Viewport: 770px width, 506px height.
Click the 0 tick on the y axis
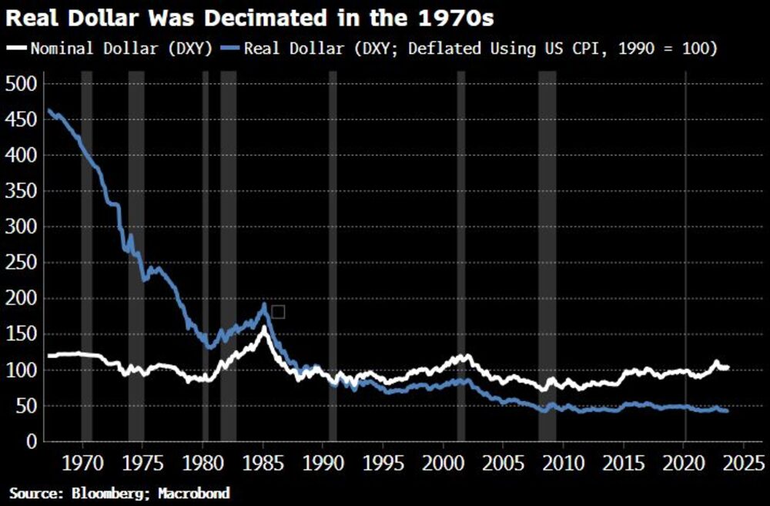coord(30,441)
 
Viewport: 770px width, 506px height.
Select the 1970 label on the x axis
coord(82,464)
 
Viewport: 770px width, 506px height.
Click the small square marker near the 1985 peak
coord(278,311)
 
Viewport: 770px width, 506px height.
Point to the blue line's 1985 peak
coord(265,305)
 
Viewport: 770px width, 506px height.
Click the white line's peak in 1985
coord(264,328)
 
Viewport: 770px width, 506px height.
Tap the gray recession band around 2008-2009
coord(547,231)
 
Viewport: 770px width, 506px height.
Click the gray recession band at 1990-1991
coord(333,231)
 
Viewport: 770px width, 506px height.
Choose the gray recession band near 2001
coord(460,231)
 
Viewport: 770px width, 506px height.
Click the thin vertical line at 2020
coord(685,231)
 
